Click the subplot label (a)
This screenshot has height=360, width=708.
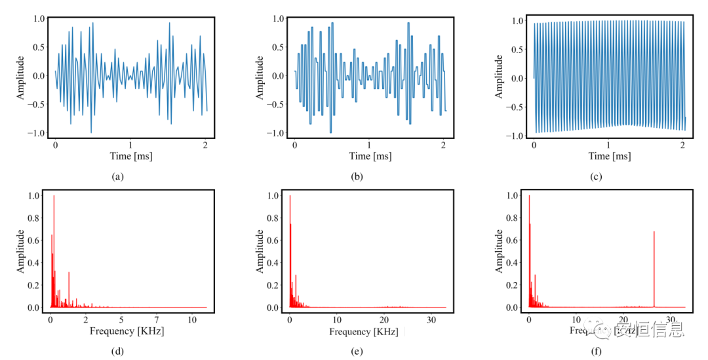click(x=118, y=176)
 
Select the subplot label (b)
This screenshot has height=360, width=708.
click(x=357, y=176)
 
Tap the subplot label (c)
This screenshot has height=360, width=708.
click(x=596, y=176)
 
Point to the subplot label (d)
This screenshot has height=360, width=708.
click(x=118, y=351)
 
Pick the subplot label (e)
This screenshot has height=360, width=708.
click(x=357, y=351)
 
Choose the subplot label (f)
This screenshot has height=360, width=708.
click(x=596, y=351)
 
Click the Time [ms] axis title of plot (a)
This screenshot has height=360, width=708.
click(x=130, y=156)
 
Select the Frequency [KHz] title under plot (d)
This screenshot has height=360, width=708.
click(x=127, y=331)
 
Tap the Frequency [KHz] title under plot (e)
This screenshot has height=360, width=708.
click(x=364, y=332)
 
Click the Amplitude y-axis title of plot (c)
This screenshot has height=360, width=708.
click(x=499, y=77)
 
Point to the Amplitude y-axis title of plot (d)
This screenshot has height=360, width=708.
click(x=21, y=251)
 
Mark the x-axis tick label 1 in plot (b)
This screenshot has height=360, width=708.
click(x=369, y=144)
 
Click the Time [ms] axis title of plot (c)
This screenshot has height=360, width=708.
click(x=608, y=156)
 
